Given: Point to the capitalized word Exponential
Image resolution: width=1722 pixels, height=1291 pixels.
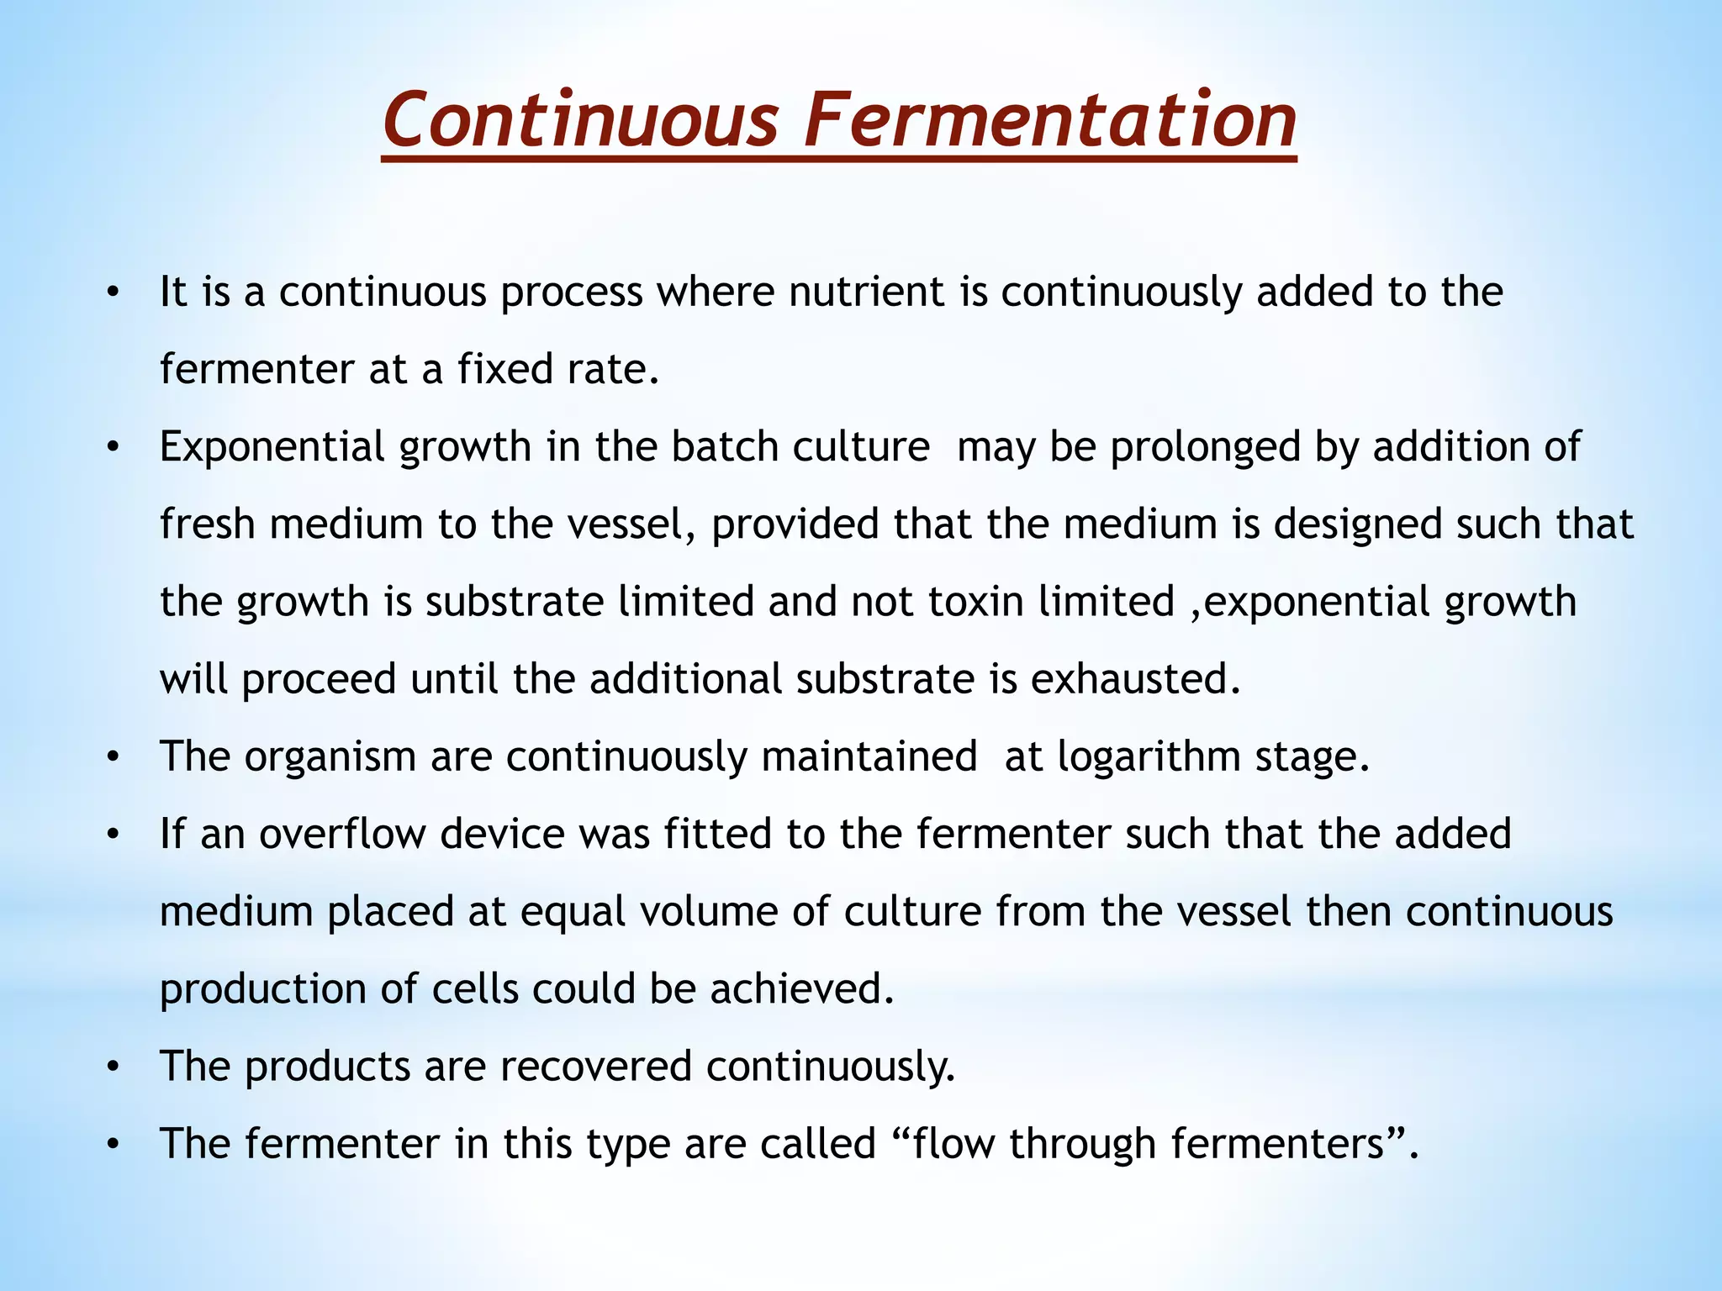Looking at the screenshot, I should click(x=272, y=447).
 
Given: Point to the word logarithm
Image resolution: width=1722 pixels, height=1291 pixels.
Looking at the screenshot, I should click(x=1149, y=756).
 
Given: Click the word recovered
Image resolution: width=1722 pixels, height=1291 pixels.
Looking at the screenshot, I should click(x=596, y=1067).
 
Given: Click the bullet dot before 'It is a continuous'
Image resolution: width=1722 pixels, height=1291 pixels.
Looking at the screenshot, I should click(x=113, y=293).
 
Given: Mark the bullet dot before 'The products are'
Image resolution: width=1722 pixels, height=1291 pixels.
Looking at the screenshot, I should click(x=113, y=1068).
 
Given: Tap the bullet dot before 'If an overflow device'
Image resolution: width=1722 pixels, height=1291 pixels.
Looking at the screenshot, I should click(x=113, y=835).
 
